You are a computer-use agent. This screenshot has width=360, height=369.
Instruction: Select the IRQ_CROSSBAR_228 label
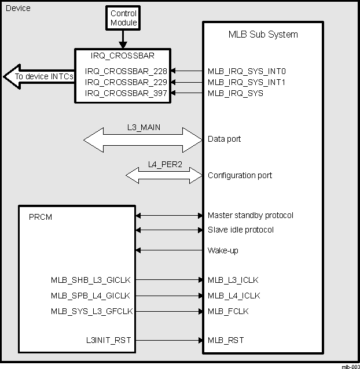point(126,71)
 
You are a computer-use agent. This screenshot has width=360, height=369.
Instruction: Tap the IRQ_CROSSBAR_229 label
point(126,82)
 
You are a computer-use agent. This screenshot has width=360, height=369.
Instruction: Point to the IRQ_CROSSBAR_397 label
point(126,93)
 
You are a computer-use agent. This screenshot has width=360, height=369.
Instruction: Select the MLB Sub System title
point(263,34)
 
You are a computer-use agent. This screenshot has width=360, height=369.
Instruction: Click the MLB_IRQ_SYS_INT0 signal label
point(247,71)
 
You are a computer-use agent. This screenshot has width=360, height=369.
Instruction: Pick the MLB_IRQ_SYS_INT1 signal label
point(247,82)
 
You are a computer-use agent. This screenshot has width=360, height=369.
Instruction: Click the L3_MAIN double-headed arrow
point(142,139)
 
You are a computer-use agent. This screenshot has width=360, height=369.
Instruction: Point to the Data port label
point(224,139)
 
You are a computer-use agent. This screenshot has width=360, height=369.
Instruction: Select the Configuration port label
point(240,175)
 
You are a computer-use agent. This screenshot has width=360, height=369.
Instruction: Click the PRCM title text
point(40,217)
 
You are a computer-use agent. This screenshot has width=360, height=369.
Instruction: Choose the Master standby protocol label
point(250,215)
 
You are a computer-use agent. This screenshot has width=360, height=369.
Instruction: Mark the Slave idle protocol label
point(240,230)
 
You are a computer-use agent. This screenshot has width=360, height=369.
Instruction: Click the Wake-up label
point(223,250)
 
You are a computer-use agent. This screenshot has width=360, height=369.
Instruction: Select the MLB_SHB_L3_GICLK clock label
point(91,280)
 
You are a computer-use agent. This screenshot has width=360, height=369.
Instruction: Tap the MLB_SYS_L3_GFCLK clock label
point(91,311)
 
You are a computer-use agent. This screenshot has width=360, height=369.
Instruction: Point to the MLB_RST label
point(226,340)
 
